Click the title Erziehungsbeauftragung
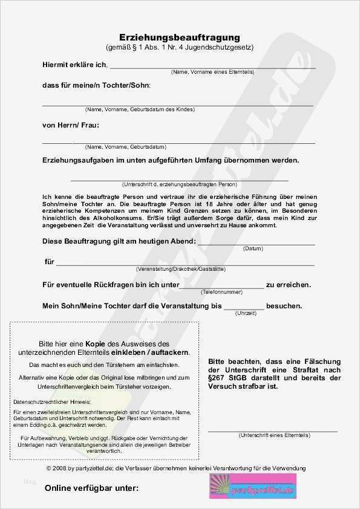(x=180, y=37)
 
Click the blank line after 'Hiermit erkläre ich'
(x=212, y=67)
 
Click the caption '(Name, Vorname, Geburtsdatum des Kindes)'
(x=140, y=109)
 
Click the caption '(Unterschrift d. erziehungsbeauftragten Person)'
(x=180, y=184)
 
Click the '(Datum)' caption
(x=253, y=248)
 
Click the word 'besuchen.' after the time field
(x=285, y=306)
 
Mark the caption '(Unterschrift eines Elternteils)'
(x=273, y=435)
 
